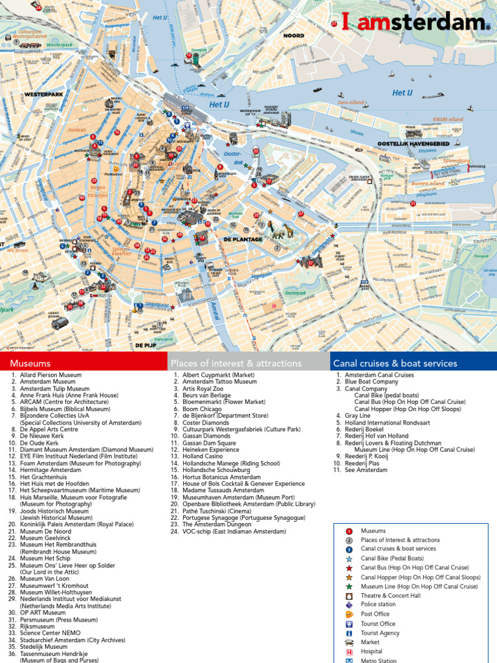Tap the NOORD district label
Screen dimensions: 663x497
pyautogui.click(x=293, y=36)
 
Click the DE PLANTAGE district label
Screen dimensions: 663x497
pyautogui.click(x=243, y=239)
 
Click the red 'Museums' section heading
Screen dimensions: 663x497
pyautogui.click(x=30, y=363)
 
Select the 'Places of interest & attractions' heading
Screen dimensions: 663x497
pyautogui.click(x=236, y=363)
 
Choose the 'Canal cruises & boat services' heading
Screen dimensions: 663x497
pyautogui.click(x=395, y=363)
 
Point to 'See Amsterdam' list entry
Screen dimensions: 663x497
pyautogui.click(x=366, y=470)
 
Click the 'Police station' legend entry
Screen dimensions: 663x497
pyautogui.click(x=378, y=605)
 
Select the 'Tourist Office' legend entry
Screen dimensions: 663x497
pyautogui.click(x=378, y=624)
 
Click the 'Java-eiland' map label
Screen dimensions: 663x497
pyautogui.click(x=349, y=102)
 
